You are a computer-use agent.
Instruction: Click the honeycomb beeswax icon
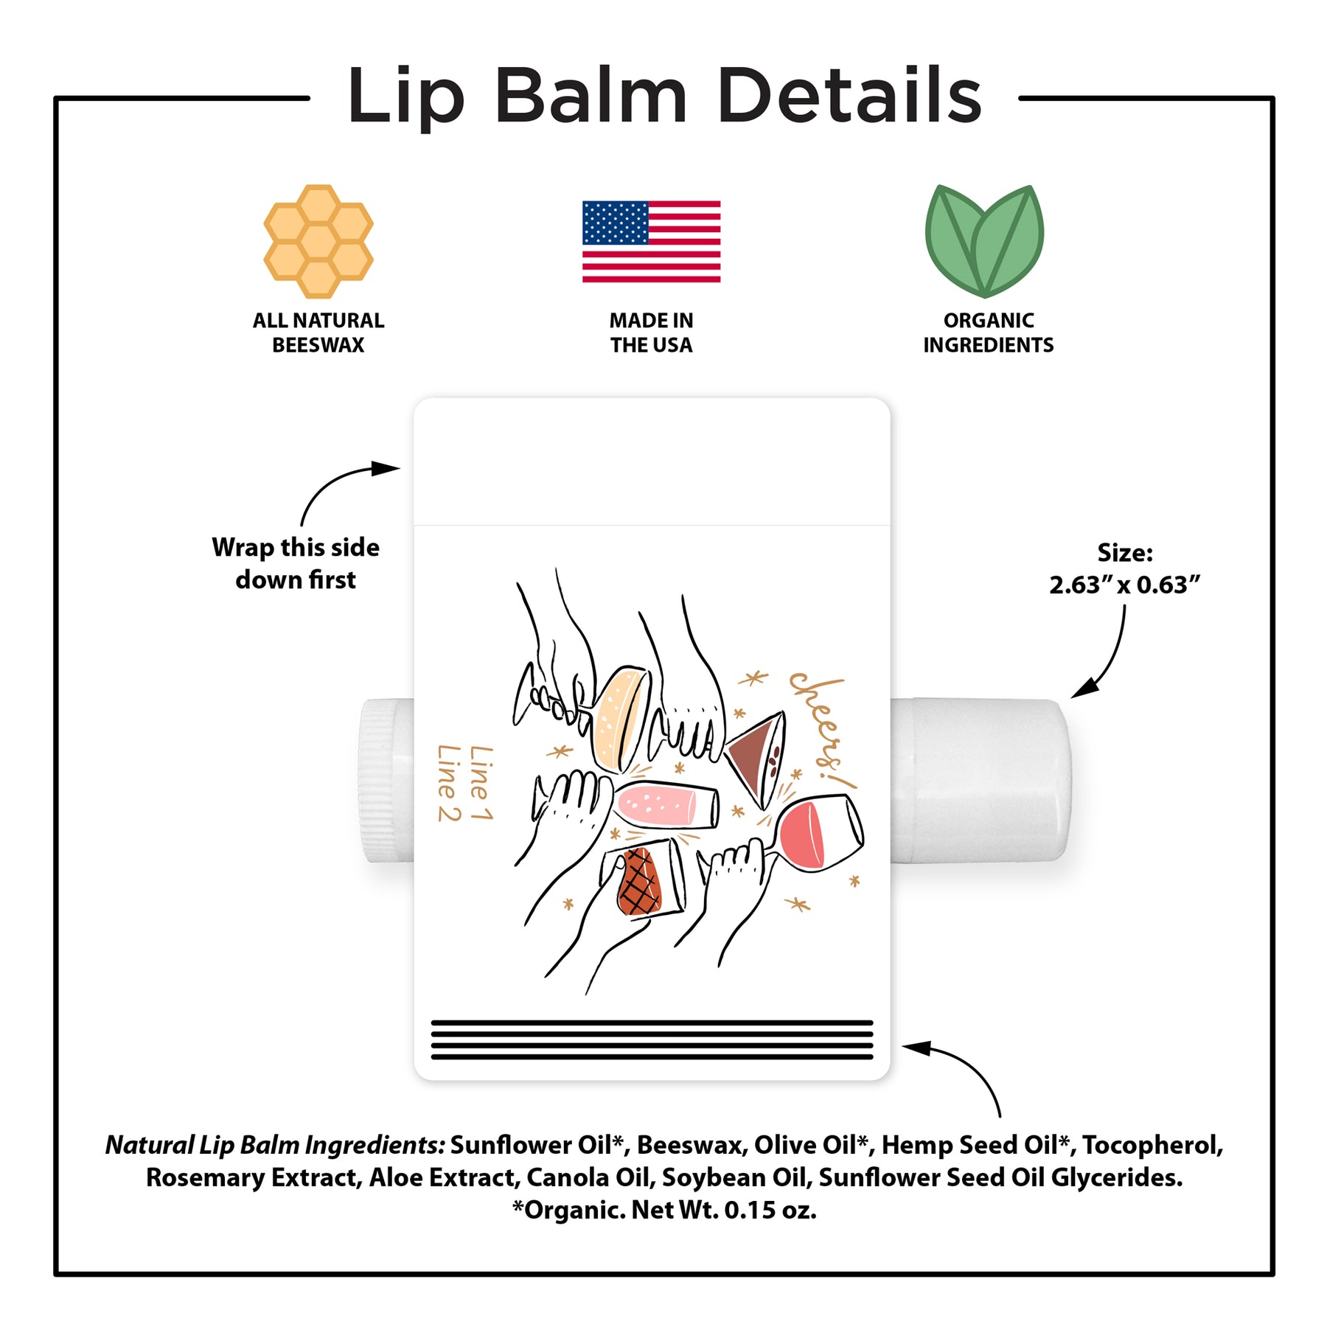(318, 241)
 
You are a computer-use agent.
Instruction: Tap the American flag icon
(651, 241)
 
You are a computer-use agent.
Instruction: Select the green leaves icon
(985, 240)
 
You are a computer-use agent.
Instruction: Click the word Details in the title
(849, 95)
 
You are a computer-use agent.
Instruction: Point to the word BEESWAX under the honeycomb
(318, 345)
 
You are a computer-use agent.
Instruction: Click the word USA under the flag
(672, 345)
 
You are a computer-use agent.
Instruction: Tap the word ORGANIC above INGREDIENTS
(989, 321)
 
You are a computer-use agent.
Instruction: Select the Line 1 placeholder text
(481, 782)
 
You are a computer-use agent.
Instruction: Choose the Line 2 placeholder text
(449, 783)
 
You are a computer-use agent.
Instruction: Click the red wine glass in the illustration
(815, 833)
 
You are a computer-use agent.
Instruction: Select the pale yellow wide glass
(621, 720)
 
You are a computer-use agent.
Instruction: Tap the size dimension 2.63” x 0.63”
(1124, 585)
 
